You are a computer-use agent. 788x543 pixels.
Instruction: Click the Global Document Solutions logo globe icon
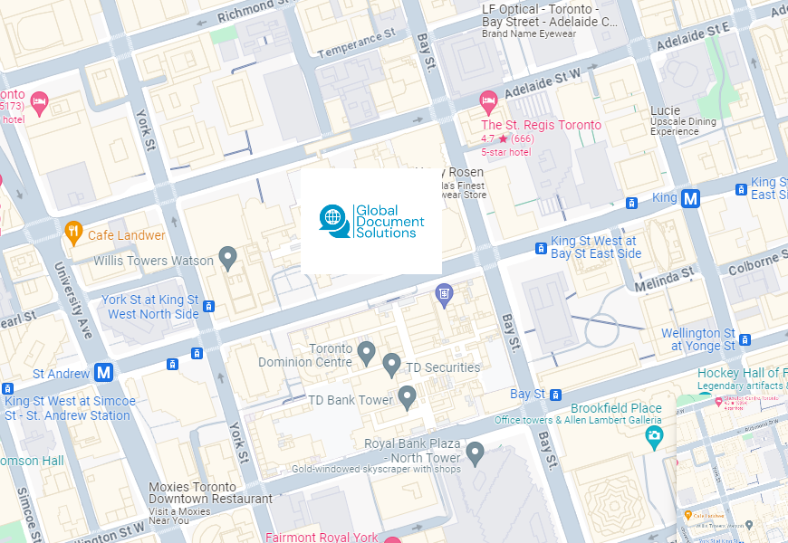click(333, 217)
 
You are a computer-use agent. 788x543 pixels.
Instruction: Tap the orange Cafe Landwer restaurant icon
click(73, 234)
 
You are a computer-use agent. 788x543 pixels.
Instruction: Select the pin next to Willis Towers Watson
click(228, 259)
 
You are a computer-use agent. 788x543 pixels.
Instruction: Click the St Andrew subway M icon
click(104, 372)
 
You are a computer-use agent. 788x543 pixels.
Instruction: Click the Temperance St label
click(356, 43)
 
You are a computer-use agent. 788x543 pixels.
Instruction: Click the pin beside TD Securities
click(391, 365)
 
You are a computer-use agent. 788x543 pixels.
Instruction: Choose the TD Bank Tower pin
click(408, 396)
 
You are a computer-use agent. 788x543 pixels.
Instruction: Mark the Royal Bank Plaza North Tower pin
click(475, 452)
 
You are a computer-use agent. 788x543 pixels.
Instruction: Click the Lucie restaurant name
click(665, 110)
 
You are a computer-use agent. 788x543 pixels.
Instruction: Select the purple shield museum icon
click(443, 293)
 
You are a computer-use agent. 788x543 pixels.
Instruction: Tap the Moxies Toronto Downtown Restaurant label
click(210, 492)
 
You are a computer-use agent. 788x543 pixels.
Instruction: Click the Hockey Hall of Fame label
click(740, 373)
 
